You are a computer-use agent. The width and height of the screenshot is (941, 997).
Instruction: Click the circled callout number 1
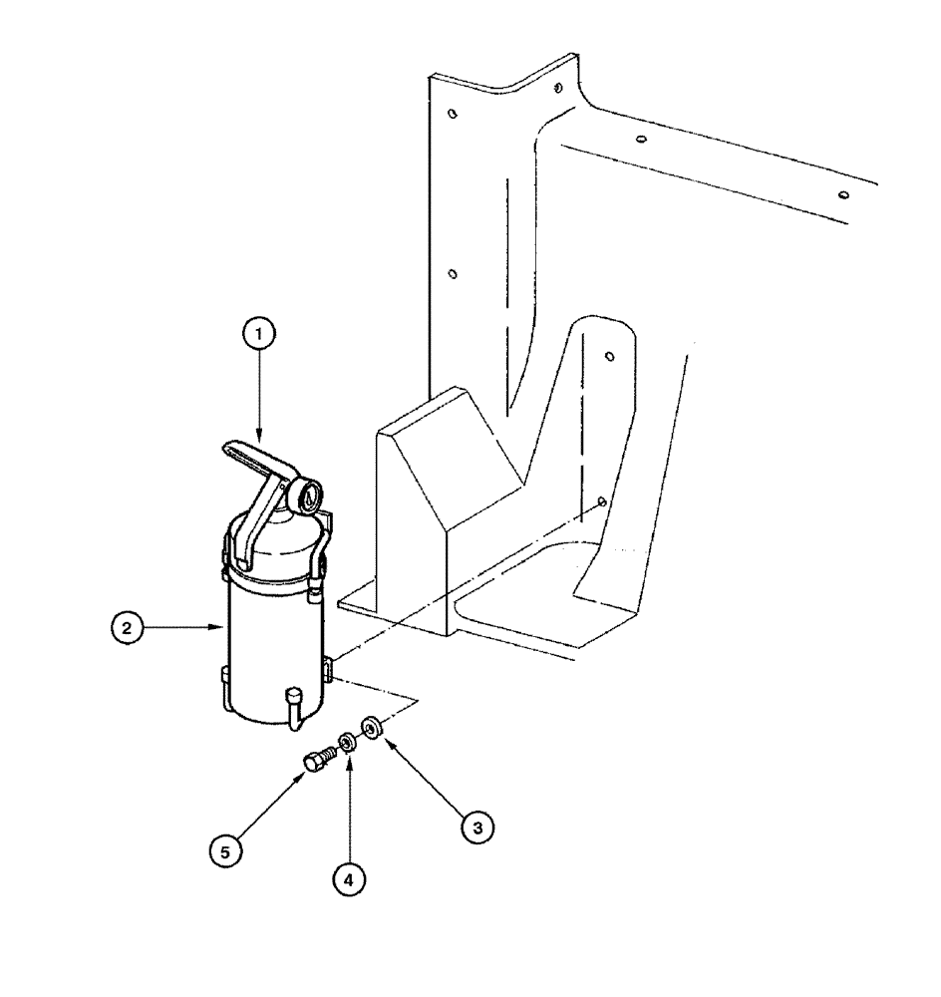coord(258,337)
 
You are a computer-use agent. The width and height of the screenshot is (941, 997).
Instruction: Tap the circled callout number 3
coord(476,826)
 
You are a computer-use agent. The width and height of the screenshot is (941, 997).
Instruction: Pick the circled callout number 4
coord(347,879)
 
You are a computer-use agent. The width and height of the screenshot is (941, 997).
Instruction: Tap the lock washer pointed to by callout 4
coord(348,743)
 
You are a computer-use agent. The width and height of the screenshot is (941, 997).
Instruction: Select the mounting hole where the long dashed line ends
coord(601,503)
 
